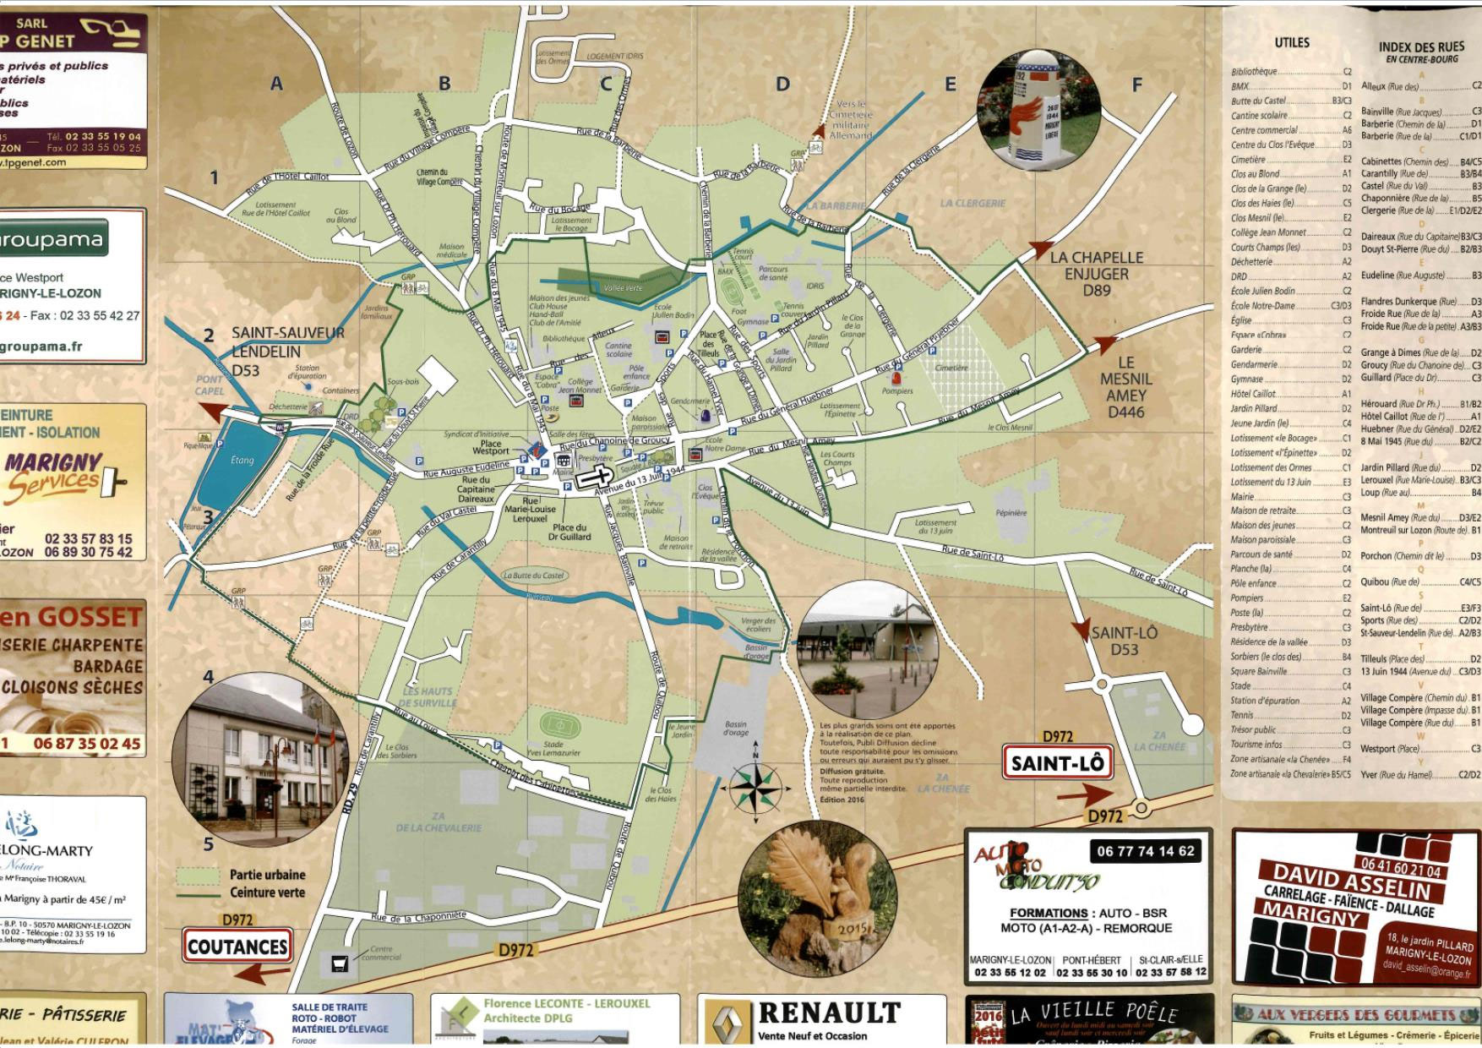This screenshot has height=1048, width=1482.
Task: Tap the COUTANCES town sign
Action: pos(237,946)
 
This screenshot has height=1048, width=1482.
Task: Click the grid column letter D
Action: pos(782,84)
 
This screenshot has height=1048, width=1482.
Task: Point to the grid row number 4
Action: pos(208,677)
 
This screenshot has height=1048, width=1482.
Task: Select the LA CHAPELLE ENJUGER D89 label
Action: pos(1096,274)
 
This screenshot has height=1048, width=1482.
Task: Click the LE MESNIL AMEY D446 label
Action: pos(1125,387)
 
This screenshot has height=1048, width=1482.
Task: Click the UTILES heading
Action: pos(1291,42)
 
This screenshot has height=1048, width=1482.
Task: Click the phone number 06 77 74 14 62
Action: pos(1145,851)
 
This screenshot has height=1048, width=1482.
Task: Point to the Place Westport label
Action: pos(490,447)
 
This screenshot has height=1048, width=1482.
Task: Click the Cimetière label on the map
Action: pos(951,368)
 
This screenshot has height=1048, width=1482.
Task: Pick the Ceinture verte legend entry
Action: pos(267,892)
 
